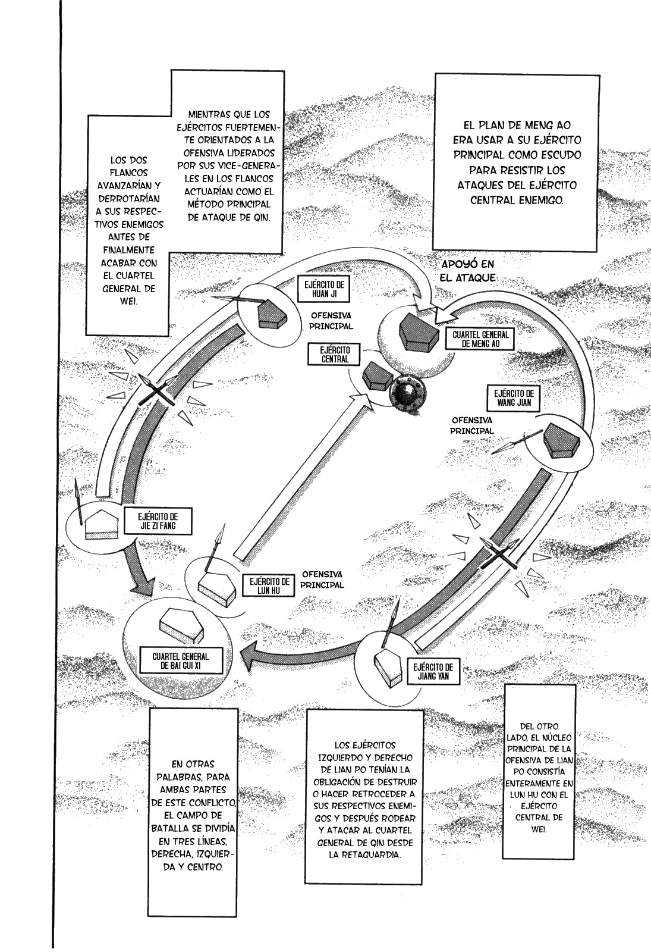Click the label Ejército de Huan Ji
point(324,289)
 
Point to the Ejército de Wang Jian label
point(514,398)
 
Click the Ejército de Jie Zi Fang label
point(158,521)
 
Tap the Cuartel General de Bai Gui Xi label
point(181,661)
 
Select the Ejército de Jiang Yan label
point(433,672)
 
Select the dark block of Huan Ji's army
point(272,314)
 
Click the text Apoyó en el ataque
point(468,271)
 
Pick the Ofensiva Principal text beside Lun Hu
point(322,580)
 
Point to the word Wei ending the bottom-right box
point(539,829)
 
